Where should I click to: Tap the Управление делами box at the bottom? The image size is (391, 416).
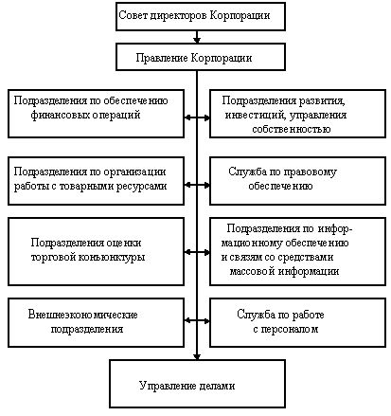click(187, 386)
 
